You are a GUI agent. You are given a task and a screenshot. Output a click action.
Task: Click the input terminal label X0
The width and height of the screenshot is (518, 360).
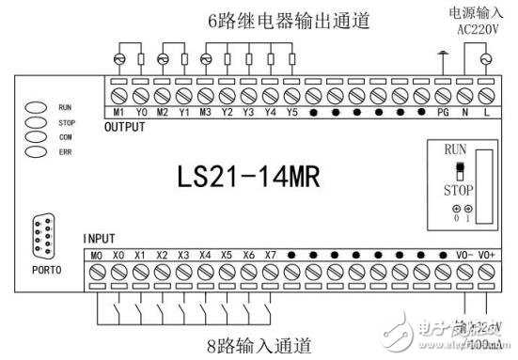[x=119, y=255]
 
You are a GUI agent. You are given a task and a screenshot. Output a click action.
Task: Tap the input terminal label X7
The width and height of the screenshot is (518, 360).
[x=271, y=255]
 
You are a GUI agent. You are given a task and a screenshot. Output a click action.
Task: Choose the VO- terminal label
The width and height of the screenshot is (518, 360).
[x=464, y=255]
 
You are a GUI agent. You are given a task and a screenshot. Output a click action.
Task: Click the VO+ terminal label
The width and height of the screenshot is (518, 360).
[x=486, y=255]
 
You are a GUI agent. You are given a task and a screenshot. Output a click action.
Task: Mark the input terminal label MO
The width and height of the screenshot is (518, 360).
[x=97, y=255]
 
